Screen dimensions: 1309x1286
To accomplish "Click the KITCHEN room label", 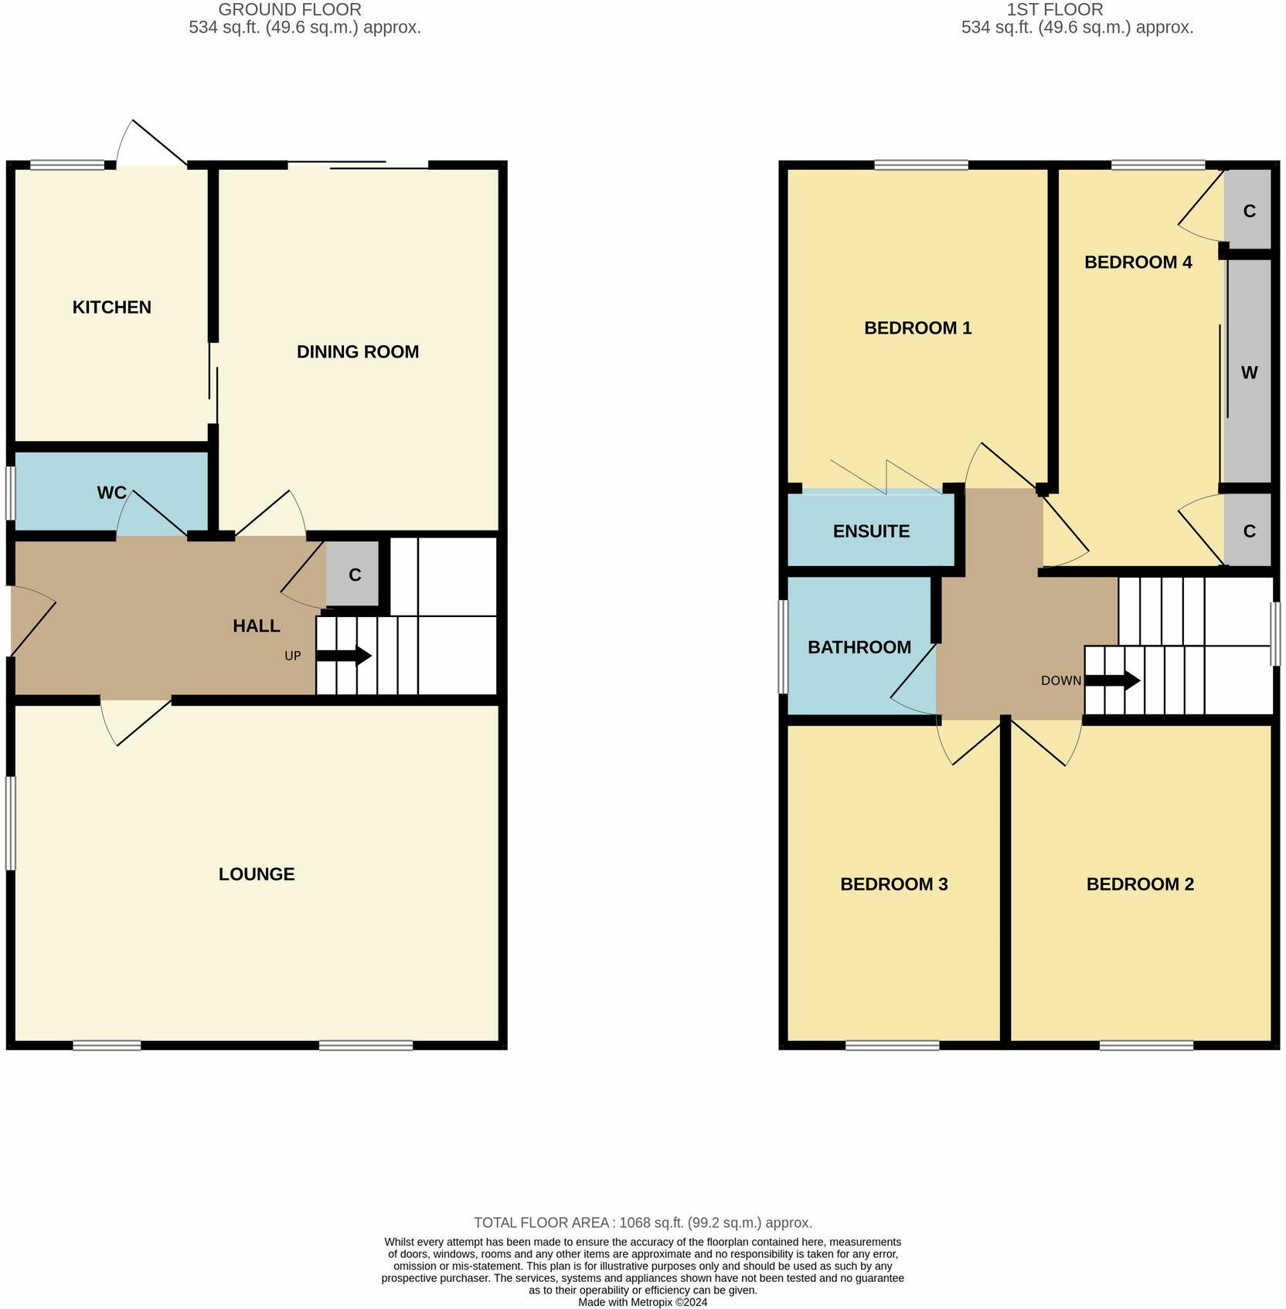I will (111, 307).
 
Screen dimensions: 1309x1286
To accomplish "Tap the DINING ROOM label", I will (358, 352).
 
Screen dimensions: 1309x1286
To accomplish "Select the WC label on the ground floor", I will (111, 493).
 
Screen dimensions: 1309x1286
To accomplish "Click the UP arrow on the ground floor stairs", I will (343, 656).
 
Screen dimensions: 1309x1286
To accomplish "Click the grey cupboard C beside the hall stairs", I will (354, 575).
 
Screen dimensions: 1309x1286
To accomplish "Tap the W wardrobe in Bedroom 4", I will (1249, 373).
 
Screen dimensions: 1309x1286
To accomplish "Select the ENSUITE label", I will (871, 531).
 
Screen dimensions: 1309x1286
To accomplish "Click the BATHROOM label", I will (859, 647).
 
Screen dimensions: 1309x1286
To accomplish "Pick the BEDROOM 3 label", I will (893, 884).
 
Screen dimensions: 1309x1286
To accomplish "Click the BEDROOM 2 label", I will (1140, 884).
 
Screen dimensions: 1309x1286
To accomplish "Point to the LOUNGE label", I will (257, 874).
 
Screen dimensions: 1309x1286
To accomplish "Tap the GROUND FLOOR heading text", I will (290, 10).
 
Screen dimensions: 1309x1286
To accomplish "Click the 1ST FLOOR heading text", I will (1054, 10).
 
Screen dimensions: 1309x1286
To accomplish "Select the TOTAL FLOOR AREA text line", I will (642, 1223).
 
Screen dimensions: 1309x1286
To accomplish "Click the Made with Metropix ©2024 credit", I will (642, 1302).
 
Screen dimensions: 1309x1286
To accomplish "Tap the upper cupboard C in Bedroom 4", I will (1249, 212).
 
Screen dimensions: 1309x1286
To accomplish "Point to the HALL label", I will (256, 626).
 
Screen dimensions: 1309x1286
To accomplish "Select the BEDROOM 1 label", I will (917, 328).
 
